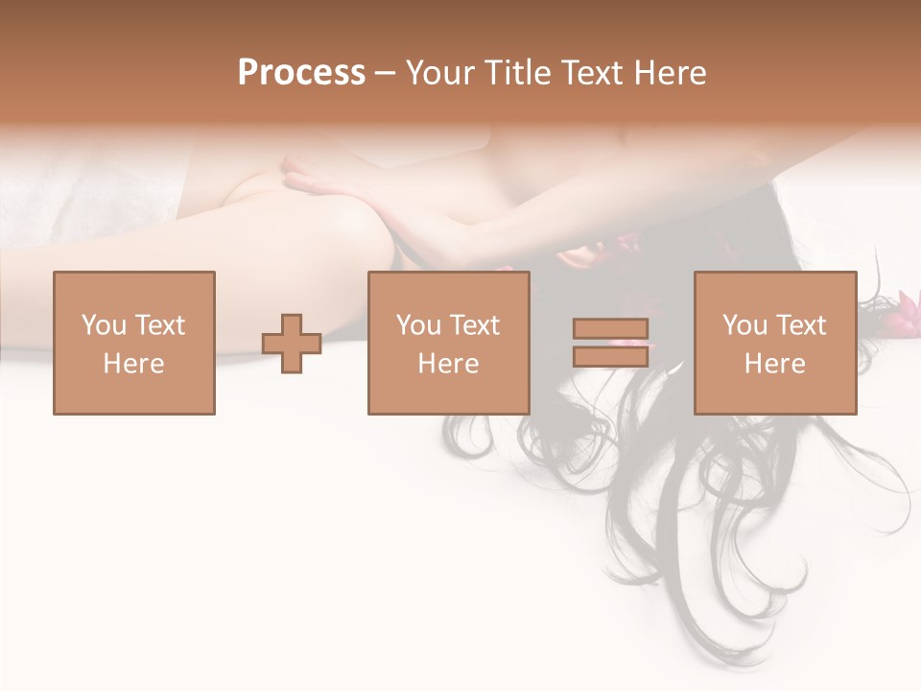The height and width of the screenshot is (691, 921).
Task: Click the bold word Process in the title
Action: point(301,73)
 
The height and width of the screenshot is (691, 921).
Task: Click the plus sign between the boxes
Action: point(292,344)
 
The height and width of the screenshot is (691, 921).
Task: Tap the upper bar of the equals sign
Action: point(610,329)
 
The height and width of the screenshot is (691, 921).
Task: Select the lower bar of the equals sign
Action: point(610,356)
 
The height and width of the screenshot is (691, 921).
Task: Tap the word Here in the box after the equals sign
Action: point(775,364)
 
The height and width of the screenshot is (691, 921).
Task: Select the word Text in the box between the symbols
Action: point(475,325)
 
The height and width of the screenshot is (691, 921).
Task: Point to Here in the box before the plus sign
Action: point(134,364)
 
